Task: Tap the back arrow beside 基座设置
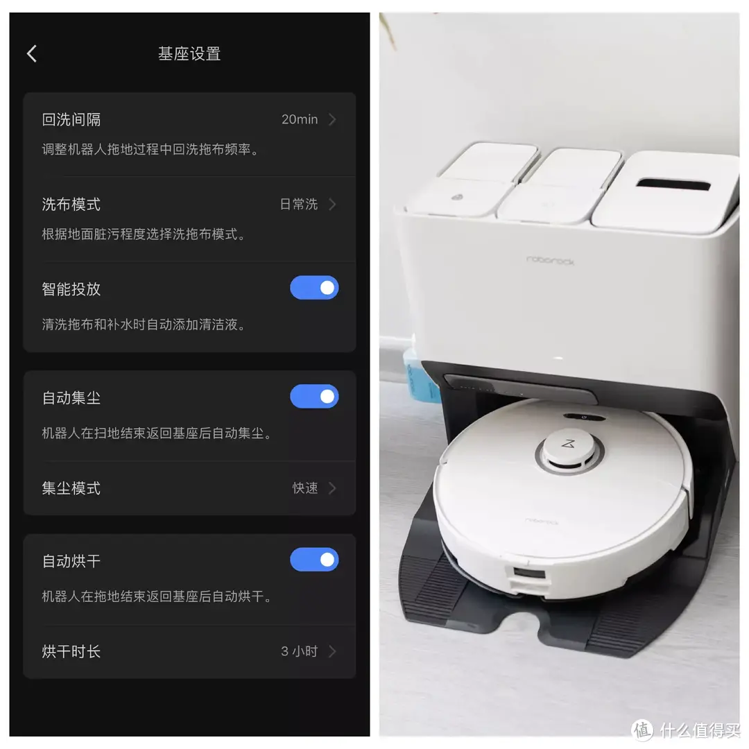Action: (32, 53)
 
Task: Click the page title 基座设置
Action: (189, 53)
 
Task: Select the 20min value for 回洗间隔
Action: (300, 119)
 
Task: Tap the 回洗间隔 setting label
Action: (71, 119)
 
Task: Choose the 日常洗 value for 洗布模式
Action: (298, 204)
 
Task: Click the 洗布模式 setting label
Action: (71, 204)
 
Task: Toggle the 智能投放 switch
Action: (314, 288)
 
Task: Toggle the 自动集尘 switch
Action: (314, 397)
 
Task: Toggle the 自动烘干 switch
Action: (314, 560)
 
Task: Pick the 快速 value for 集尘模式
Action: (305, 488)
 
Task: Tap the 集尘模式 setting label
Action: (71, 488)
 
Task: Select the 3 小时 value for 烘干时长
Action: (300, 651)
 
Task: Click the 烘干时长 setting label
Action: (71, 651)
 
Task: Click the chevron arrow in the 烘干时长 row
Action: (332, 651)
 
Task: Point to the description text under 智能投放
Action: (144, 325)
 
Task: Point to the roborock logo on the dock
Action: (550, 260)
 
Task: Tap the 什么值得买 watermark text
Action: (700, 730)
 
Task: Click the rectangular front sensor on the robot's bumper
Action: (529, 574)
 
